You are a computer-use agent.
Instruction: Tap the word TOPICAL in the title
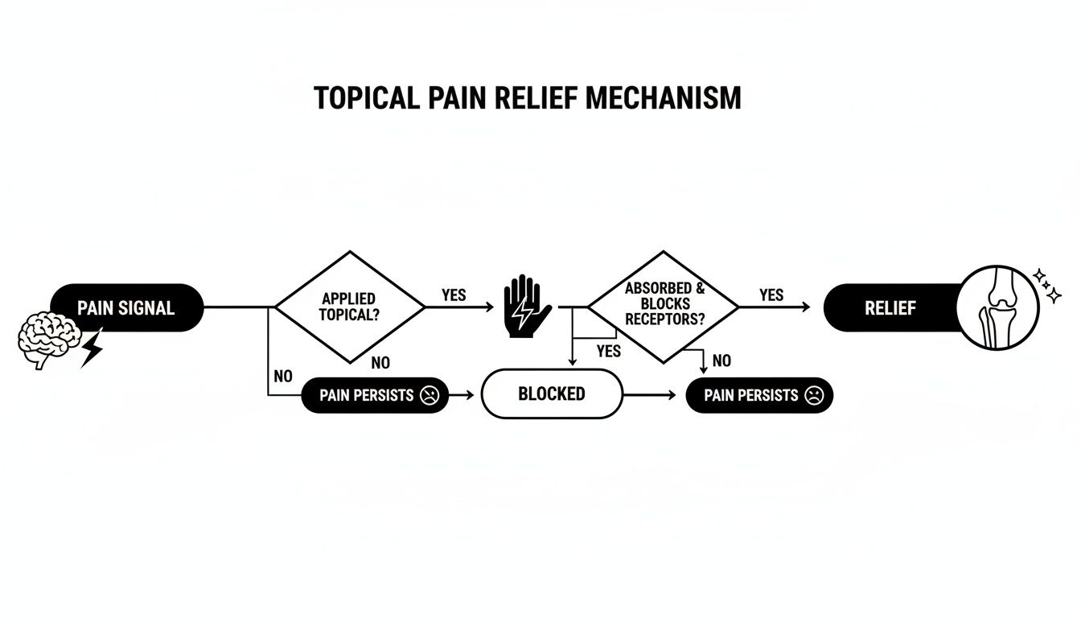[365, 97]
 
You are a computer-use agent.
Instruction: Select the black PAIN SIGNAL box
[126, 307]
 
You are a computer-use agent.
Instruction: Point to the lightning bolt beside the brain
[92, 347]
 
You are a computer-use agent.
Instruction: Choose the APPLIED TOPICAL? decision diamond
[349, 306]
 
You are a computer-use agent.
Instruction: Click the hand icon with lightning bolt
[526, 307]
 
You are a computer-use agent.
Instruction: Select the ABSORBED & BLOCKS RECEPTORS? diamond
[663, 306]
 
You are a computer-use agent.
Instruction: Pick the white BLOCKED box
[552, 394]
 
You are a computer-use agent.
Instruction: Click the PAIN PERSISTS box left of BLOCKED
[375, 395]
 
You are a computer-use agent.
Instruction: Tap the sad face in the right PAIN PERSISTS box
[814, 395]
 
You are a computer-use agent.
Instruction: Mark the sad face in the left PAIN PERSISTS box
[430, 395]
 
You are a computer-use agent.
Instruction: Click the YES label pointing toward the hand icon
[454, 295]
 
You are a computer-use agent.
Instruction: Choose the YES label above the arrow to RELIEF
[771, 295]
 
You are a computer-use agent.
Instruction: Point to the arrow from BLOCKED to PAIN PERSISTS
[652, 395]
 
